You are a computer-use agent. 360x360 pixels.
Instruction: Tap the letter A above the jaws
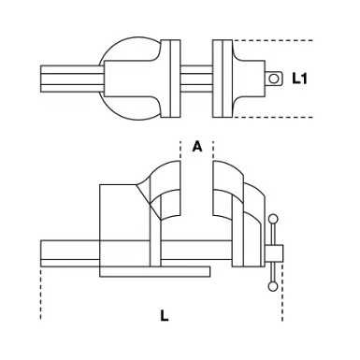196,147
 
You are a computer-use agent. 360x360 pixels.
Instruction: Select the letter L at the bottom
165,315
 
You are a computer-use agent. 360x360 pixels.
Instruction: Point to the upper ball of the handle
274,221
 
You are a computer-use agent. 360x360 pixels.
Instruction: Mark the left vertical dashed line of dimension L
41,295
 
